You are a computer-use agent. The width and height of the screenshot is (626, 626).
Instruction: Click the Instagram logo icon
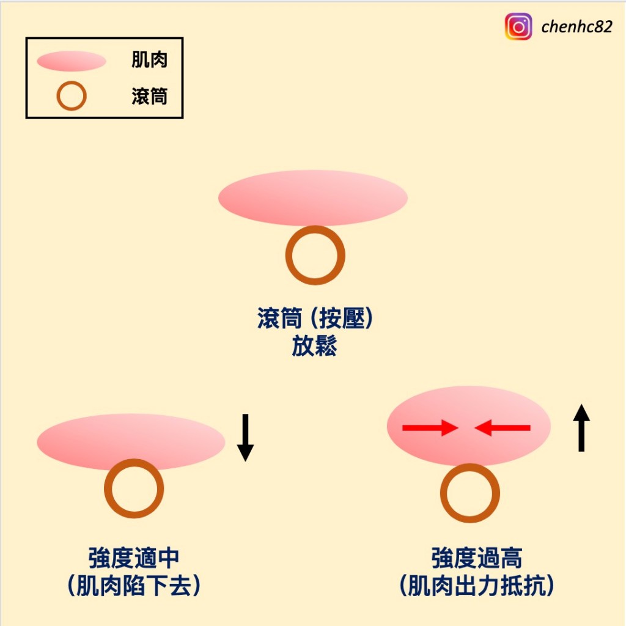click(518, 27)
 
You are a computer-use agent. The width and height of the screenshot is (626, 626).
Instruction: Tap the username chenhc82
click(576, 27)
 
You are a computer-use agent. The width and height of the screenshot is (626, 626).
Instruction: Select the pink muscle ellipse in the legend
click(72, 61)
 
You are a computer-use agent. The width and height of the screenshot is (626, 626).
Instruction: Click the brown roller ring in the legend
click(72, 96)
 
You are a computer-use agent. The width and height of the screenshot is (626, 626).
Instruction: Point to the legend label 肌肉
click(149, 60)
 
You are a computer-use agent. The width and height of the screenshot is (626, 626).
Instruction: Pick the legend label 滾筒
click(149, 96)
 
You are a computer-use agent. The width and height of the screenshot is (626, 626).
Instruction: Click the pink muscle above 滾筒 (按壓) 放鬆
click(312, 197)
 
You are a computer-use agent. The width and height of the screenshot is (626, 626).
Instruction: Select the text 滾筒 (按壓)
click(315, 320)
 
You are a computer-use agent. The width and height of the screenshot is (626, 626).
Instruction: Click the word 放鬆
click(315, 347)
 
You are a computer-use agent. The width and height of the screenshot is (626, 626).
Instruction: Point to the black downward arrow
click(245, 437)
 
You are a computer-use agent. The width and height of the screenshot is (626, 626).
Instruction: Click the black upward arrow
click(581, 428)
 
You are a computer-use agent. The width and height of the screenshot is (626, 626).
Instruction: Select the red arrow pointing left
click(503, 429)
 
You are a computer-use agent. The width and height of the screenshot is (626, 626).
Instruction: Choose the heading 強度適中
click(134, 558)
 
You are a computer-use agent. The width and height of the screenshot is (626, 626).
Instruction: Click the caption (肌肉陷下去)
click(134, 586)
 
